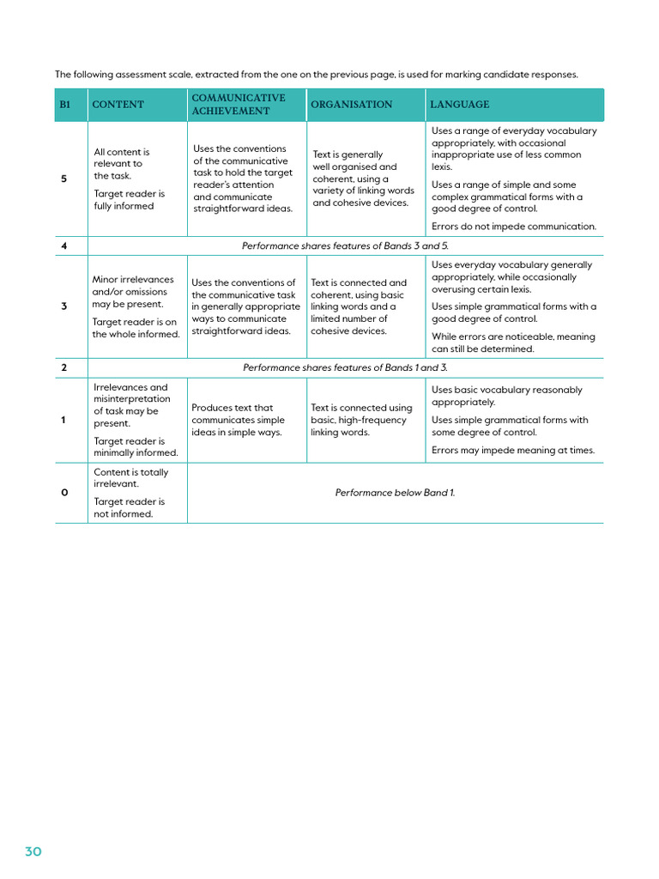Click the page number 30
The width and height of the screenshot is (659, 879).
coord(33,852)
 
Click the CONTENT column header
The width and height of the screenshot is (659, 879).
coord(118,105)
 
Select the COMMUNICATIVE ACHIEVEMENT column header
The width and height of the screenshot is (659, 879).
coord(238,105)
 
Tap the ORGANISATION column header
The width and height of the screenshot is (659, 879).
coord(351,105)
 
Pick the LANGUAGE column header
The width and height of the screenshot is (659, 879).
coord(459,105)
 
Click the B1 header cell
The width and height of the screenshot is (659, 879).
coord(65,105)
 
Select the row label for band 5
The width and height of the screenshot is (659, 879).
coord(63,179)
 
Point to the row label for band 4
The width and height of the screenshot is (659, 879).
coord(63,246)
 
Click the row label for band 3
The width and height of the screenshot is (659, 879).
coord(63,306)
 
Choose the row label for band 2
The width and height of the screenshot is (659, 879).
coord(63,367)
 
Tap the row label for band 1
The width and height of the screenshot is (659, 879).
coord(63,420)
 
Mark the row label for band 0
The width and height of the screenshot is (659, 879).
coord(63,493)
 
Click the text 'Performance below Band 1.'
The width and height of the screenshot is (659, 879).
coord(395,493)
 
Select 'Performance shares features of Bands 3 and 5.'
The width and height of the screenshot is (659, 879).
coord(345,246)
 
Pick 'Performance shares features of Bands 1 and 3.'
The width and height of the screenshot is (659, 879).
coord(345,367)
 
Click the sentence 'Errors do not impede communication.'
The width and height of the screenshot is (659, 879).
coord(513,227)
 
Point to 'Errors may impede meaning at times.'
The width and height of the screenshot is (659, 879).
coord(512,450)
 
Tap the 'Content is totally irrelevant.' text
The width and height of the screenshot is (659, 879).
coord(130,478)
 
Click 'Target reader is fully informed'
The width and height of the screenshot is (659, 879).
coord(129,200)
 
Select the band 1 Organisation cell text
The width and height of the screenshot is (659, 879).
coord(361,420)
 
